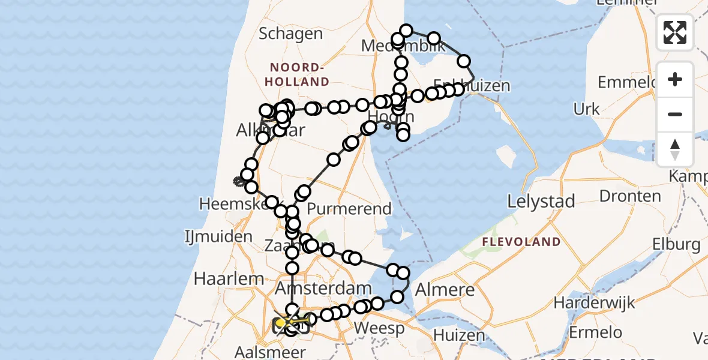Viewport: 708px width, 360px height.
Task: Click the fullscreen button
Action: (x=675, y=32)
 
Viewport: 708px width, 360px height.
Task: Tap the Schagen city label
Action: (x=290, y=34)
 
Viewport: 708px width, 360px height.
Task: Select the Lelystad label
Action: (x=541, y=201)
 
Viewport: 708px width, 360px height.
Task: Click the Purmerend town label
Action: (x=349, y=209)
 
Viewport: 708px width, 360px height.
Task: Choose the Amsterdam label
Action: (x=323, y=289)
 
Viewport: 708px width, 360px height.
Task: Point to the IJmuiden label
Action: (x=218, y=236)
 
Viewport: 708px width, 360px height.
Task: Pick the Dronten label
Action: (x=630, y=196)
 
